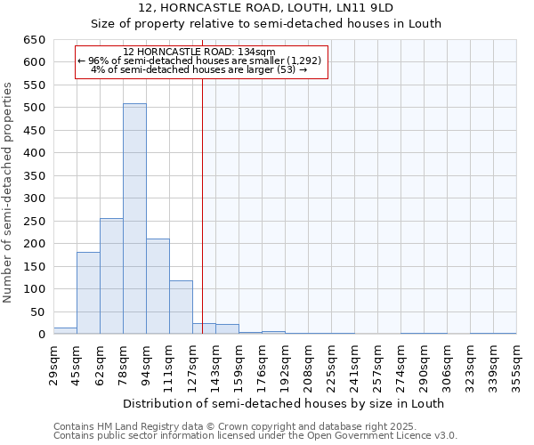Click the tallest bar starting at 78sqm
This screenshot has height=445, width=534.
pyautogui.click(x=134, y=219)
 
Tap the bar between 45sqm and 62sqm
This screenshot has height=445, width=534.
pyautogui.click(x=88, y=293)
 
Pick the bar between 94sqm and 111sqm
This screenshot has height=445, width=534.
pyautogui.click(x=158, y=287)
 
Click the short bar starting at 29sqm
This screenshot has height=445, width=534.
pyautogui.click(x=65, y=330)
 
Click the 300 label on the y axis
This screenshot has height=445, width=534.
pyautogui.click(x=34, y=198)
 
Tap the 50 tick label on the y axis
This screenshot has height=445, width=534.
pyautogui.click(x=37, y=312)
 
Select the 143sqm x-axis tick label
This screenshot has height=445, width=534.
pyautogui.click(x=215, y=364)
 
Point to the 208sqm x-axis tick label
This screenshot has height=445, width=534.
pyautogui.click(x=308, y=364)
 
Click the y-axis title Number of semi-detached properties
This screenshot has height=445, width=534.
pyautogui.click(x=8, y=192)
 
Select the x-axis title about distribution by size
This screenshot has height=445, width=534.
pyautogui.click(x=283, y=403)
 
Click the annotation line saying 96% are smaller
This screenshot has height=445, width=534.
pyautogui.click(x=203, y=61)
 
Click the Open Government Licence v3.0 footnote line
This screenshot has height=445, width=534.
pyautogui.click(x=255, y=436)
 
